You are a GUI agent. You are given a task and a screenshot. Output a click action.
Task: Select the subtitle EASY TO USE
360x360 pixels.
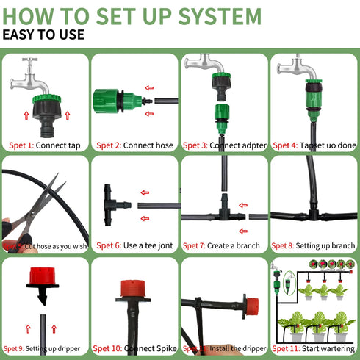[44, 35]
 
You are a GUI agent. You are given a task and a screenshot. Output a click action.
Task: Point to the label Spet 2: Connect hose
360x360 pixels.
[134, 145]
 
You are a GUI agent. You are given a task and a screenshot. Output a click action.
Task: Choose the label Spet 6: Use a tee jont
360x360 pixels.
[134, 245]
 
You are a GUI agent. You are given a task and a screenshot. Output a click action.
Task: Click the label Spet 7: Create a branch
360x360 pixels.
[225, 245]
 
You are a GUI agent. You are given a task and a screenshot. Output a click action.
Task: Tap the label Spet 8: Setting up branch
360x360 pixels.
[315, 245]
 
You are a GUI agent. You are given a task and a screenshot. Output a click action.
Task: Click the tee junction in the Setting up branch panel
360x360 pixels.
[315, 215]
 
